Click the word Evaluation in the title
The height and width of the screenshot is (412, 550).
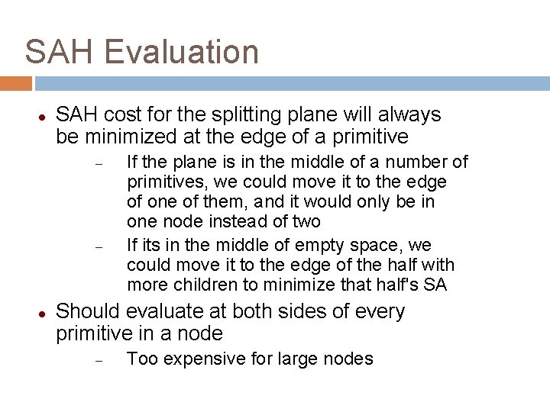(182, 52)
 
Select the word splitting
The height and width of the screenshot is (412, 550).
(227, 115)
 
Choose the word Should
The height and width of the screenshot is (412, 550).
(89, 312)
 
